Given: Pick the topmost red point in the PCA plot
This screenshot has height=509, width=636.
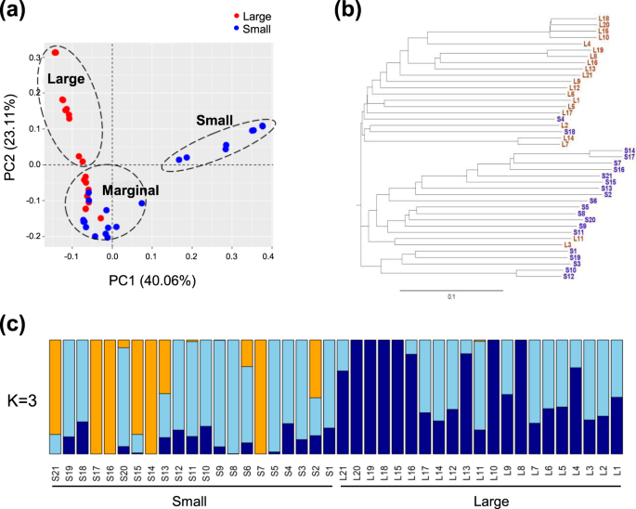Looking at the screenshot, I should click(x=56, y=53).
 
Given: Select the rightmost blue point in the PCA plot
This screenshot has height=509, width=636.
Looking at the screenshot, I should click(x=263, y=125).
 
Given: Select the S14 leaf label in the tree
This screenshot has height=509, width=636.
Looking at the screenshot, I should click(x=629, y=150).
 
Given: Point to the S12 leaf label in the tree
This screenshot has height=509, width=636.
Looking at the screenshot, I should click(x=569, y=276).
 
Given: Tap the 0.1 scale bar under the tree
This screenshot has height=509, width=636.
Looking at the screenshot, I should click(x=451, y=297).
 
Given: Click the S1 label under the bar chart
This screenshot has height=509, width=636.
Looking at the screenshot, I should click(x=330, y=473).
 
